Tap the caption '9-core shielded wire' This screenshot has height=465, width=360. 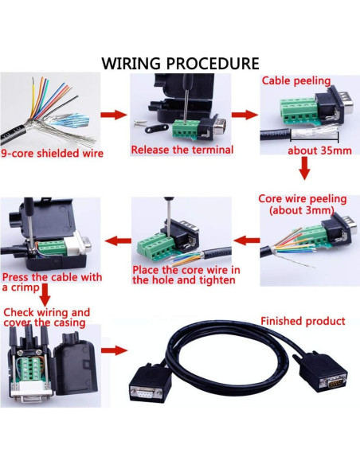click(x=53, y=153)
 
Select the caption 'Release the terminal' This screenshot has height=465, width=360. click(x=182, y=150)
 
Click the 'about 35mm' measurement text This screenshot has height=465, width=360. click(x=315, y=151)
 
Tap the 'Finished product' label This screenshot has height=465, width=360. click(x=303, y=321)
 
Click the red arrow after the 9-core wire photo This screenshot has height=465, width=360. click(x=115, y=115)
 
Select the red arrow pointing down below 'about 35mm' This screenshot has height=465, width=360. click(x=303, y=169)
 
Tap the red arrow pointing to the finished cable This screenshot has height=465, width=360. click(x=115, y=350)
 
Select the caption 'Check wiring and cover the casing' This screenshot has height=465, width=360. click(x=47, y=318)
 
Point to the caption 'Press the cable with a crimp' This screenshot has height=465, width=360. click(x=53, y=282)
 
